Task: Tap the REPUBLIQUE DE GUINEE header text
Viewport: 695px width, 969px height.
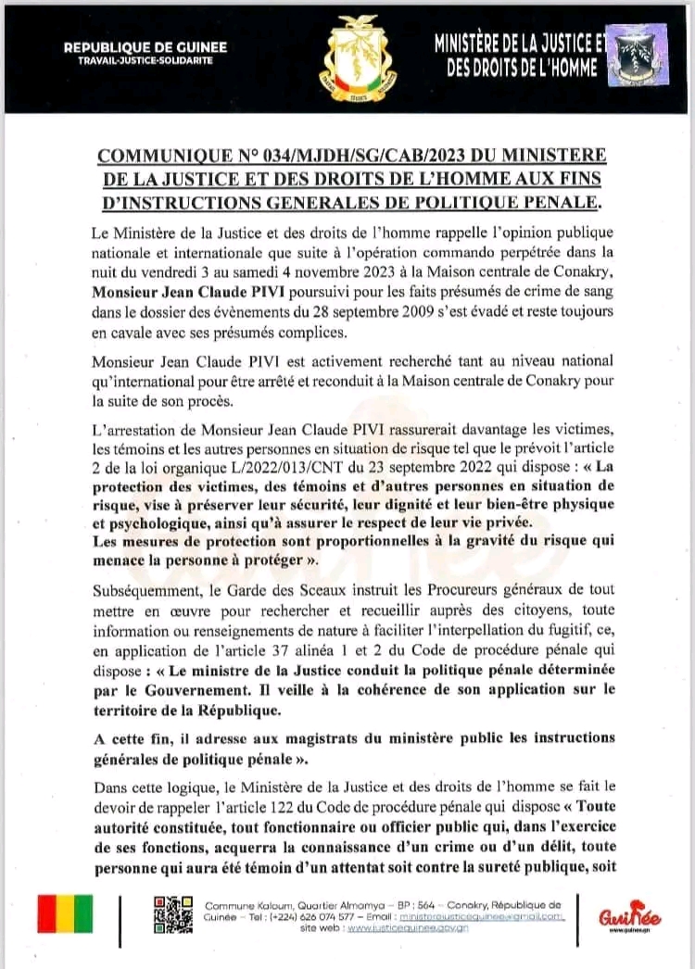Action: point(145,47)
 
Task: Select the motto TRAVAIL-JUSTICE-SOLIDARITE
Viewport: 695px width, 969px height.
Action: point(145,59)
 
